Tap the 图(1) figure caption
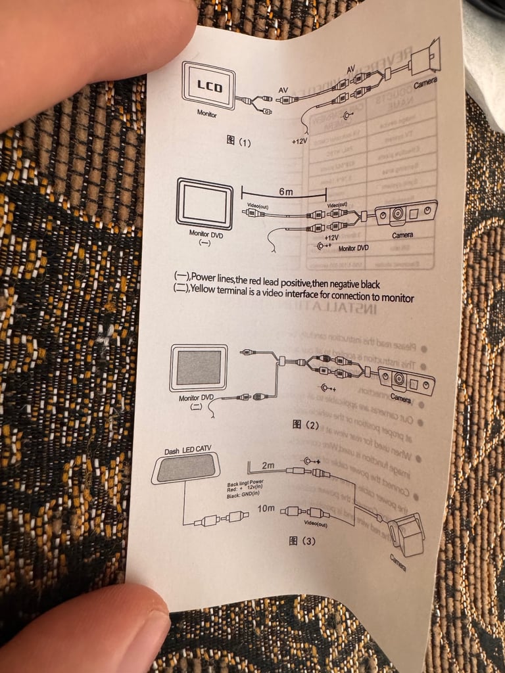[239, 141]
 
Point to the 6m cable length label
[285, 191]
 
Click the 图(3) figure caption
[302, 542]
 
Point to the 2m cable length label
[268, 465]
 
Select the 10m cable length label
[266, 509]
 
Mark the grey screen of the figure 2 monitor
[198, 367]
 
